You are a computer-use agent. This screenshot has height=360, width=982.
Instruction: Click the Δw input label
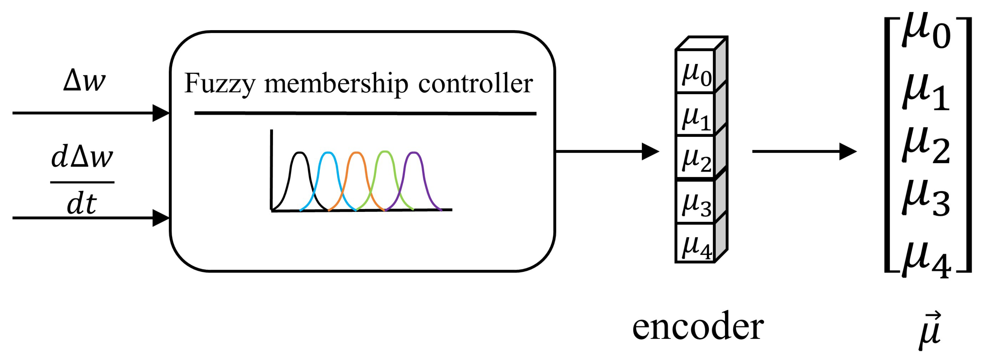(84, 81)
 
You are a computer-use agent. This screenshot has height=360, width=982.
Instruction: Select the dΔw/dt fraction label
(82, 181)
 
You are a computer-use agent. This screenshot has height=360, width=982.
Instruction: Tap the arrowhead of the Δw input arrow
(161, 113)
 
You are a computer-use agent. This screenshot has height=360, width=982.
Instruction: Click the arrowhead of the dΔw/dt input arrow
(161, 218)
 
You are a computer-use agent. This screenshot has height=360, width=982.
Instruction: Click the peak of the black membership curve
(300, 153)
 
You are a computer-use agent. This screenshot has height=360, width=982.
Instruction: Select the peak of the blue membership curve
(328, 153)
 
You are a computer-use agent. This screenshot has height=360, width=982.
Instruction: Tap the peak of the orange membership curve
(356, 153)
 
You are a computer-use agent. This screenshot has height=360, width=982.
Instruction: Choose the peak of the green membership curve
(385, 152)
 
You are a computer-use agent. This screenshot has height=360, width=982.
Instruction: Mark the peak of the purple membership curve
(413, 153)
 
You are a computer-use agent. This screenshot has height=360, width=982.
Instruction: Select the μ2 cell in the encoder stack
(695, 158)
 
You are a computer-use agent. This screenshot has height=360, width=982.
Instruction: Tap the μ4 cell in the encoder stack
(695, 244)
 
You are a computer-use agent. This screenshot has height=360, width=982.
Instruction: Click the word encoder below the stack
(698, 326)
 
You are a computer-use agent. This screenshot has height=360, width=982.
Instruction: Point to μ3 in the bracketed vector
(926, 198)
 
